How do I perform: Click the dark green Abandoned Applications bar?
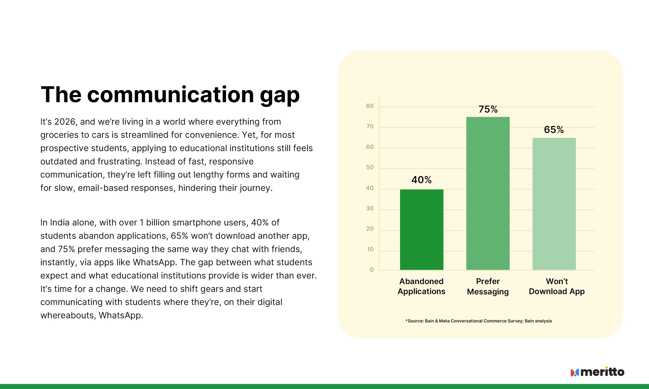(x=422, y=230)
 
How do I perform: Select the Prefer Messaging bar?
(x=488, y=193)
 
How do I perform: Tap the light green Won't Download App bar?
(x=554, y=204)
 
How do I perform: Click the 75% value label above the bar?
(x=488, y=109)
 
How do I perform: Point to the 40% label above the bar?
(x=422, y=180)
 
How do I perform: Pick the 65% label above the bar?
(x=554, y=130)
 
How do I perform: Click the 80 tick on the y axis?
(x=370, y=106)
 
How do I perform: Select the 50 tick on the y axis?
(x=370, y=167)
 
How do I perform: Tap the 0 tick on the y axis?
(x=371, y=270)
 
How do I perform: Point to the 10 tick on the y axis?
(x=370, y=249)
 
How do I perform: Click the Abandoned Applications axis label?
(x=422, y=286)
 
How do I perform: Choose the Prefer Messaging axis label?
(x=488, y=286)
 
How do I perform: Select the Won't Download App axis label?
(x=557, y=286)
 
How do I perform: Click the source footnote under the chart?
(x=479, y=321)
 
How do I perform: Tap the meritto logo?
(x=598, y=372)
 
